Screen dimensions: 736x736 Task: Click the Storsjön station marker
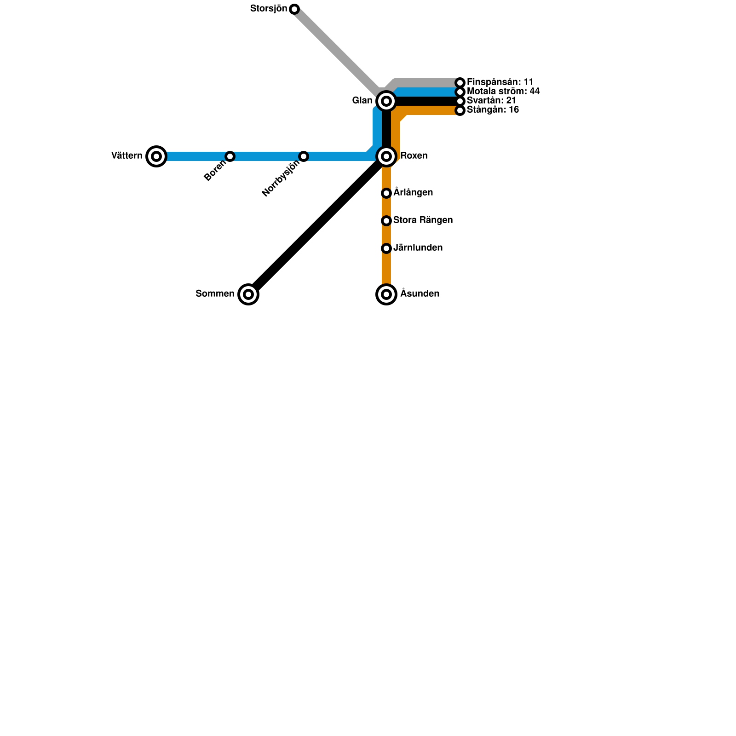point(294,9)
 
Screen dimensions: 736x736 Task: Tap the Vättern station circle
point(156,156)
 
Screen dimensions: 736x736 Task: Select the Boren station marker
point(230,156)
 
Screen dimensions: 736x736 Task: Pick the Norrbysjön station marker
point(304,156)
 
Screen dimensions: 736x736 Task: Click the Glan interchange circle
point(386,101)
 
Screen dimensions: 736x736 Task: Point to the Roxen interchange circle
point(386,156)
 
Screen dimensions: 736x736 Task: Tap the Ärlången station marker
point(386,193)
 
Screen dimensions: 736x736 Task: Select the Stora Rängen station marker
point(386,221)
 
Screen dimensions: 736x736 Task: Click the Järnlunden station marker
point(386,248)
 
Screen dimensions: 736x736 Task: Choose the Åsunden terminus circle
point(386,294)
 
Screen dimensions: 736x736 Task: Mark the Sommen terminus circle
point(248,294)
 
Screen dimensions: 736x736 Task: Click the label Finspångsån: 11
point(500,82)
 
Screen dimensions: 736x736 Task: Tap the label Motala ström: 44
point(503,92)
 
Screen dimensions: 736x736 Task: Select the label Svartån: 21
point(491,101)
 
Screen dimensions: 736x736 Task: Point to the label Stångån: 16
point(493,110)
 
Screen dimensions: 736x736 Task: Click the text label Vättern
point(127,156)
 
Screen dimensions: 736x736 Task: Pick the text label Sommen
point(215,294)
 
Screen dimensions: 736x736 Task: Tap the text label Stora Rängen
point(423,220)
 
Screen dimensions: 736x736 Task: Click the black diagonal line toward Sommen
point(317,225)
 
